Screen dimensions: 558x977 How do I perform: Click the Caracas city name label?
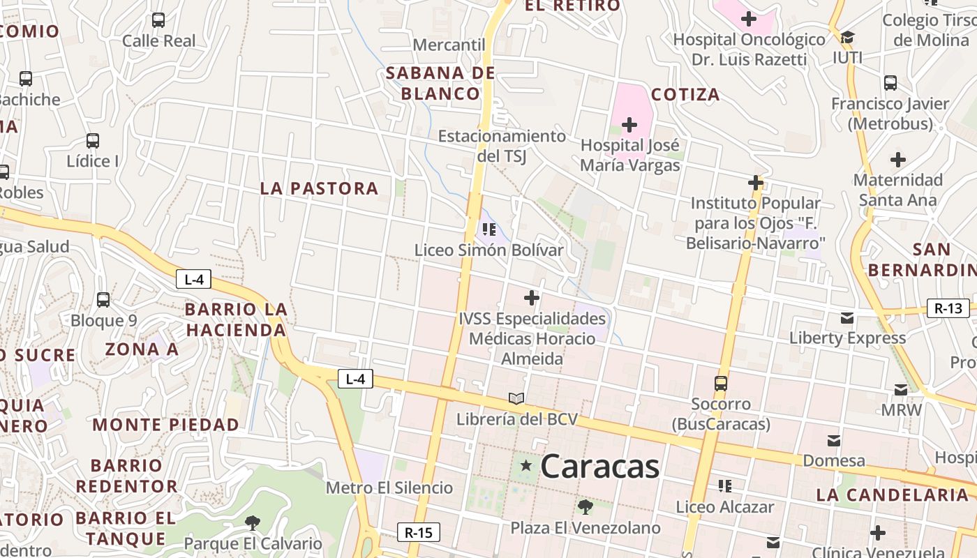pos(599,466)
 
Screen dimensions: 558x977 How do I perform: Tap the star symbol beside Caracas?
pos(525,465)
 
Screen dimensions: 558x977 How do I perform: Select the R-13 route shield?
pos(948,308)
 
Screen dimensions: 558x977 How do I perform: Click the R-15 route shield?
pos(419,533)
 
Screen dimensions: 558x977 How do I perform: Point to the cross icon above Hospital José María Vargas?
pos(629,125)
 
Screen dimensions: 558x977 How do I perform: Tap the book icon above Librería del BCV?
pos(516,398)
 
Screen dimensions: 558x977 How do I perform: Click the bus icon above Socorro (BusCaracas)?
pos(721,383)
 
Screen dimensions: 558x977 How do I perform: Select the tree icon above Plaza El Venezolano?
pos(585,507)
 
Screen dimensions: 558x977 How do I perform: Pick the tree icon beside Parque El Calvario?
pos(253,522)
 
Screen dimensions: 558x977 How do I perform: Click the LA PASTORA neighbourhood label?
pos(319,188)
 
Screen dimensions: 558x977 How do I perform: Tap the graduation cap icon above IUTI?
pos(847,37)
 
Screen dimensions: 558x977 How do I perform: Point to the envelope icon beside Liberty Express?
pos(847,318)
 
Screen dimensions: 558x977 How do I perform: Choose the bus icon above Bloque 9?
pos(103,300)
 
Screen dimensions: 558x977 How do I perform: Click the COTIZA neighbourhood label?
pos(685,95)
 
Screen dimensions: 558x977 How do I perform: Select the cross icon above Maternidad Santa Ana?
pos(898,160)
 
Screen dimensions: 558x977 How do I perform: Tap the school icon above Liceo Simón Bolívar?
pos(488,229)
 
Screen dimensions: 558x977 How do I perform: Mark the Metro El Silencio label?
pos(389,488)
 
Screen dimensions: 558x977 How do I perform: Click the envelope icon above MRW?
pos(901,389)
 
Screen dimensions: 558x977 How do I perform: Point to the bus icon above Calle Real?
pos(158,20)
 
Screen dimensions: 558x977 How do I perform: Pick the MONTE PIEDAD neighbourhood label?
pos(165,425)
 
